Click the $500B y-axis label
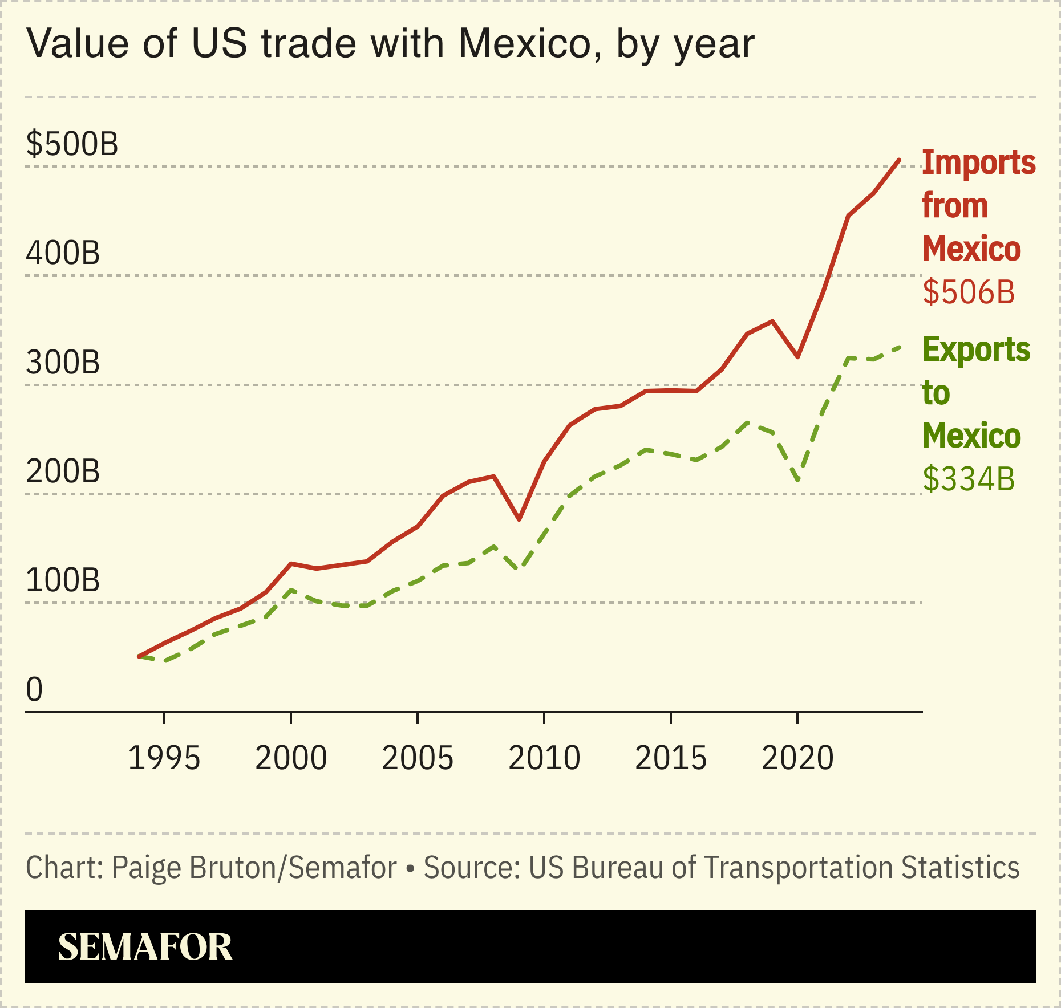tap(72, 144)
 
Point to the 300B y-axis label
tap(63, 363)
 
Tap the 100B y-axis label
tap(63, 580)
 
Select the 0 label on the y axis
tap(34, 690)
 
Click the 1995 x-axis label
tap(164, 758)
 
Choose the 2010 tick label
tap(544, 758)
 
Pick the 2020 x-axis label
tap(797, 758)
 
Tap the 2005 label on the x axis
tap(418, 758)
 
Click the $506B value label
tap(969, 292)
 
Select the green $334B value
tap(969, 479)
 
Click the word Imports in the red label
tap(978, 162)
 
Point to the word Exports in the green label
tap(976, 349)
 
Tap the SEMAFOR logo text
tap(145, 948)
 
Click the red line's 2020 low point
tap(798, 357)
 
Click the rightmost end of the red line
tap(899, 160)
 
